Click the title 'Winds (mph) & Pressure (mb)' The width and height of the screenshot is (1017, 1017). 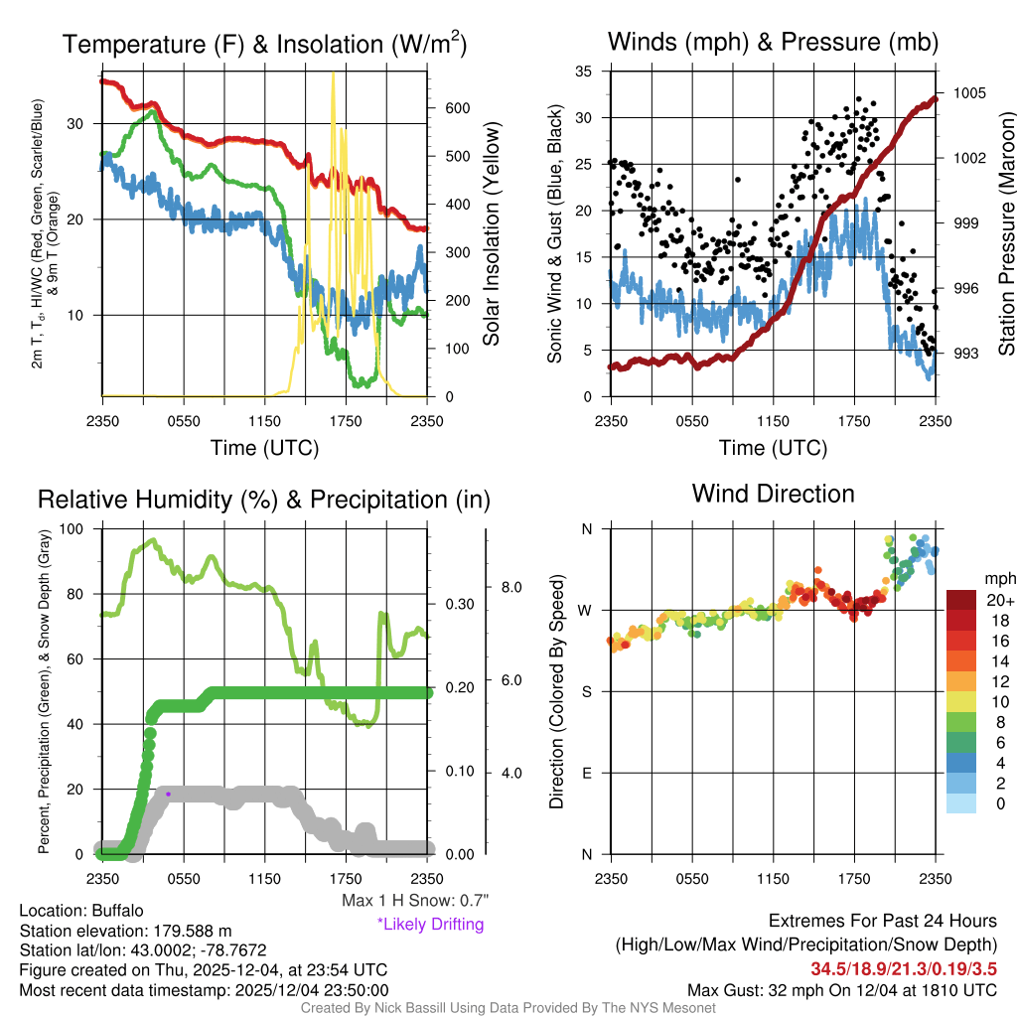pyautogui.click(x=773, y=43)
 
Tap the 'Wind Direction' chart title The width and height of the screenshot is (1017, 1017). pyautogui.click(x=773, y=494)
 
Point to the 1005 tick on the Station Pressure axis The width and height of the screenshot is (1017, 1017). pyautogui.click(x=967, y=92)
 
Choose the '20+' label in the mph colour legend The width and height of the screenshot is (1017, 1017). pyautogui.click(x=1000, y=601)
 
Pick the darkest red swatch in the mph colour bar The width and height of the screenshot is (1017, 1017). pyautogui.click(x=963, y=601)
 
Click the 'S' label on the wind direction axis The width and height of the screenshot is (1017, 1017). pyautogui.click(x=587, y=691)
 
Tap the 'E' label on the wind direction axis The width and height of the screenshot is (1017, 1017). pyautogui.click(x=587, y=773)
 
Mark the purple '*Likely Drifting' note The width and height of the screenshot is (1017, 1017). pyautogui.click(x=430, y=924)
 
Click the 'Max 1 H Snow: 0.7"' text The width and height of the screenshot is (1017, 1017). pyautogui.click(x=414, y=901)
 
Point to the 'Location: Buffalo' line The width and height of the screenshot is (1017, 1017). pyautogui.click(x=81, y=911)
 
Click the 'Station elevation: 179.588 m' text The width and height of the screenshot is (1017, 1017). pyautogui.click(x=125, y=931)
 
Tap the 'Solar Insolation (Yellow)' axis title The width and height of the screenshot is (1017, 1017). pyautogui.click(x=491, y=234)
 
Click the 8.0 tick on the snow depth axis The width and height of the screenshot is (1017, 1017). pyautogui.click(x=510, y=587)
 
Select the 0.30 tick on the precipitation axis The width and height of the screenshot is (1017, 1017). pyautogui.click(x=458, y=605)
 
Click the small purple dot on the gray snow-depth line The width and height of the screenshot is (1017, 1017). pyautogui.click(x=168, y=794)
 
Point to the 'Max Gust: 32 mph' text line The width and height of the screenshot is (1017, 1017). pyautogui.click(x=842, y=990)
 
